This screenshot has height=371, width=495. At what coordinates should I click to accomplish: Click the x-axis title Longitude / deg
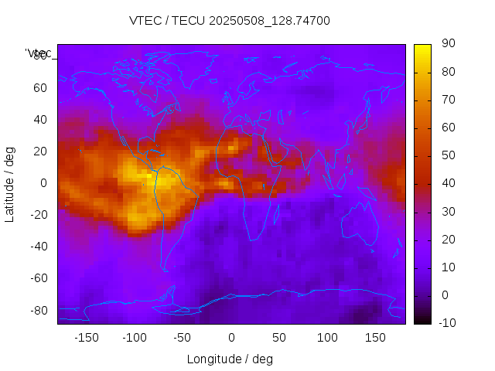pyautogui.click(x=230, y=359)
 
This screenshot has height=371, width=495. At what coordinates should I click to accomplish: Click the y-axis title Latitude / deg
pyautogui.click(x=10, y=183)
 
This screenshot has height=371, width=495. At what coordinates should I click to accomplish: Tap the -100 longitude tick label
pyautogui.click(x=134, y=337)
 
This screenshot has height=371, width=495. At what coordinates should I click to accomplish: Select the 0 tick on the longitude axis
pyautogui.click(x=230, y=337)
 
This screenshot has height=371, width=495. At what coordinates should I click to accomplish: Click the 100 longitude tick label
pyautogui.click(x=327, y=337)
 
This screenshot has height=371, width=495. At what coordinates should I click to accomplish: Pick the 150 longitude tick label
pyautogui.click(x=375, y=337)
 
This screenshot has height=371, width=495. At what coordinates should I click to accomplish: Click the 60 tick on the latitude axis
pyautogui.click(x=40, y=88)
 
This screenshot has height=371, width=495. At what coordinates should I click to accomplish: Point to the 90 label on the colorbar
pyautogui.click(x=448, y=44)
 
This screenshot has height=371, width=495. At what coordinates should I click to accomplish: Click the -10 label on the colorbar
pyautogui.click(x=445, y=322)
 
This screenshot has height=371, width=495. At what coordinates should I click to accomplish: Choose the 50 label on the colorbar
pyautogui.click(x=448, y=155)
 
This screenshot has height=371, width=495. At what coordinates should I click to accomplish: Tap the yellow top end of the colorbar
pyautogui.click(x=422, y=48)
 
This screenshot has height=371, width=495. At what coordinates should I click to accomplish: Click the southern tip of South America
pyautogui.click(x=165, y=269)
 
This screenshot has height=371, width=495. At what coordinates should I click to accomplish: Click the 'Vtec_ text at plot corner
pyautogui.click(x=39, y=53)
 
